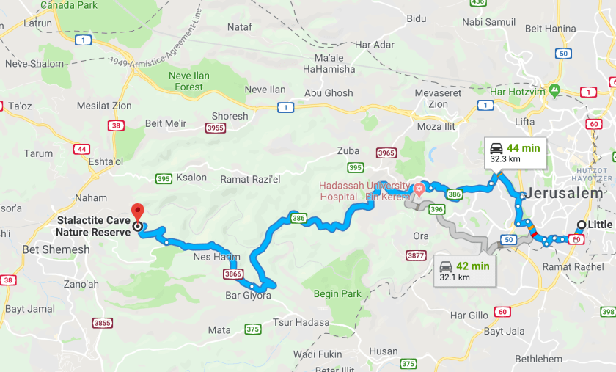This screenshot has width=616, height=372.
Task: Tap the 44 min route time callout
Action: [516, 152]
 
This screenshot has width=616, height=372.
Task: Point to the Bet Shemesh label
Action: [56, 249]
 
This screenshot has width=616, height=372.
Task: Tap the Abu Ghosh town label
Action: [328, 93]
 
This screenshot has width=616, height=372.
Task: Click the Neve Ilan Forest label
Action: [188, 81]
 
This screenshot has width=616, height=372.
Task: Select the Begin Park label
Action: [339, 293]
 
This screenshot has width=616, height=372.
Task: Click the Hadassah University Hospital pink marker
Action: [419, 189]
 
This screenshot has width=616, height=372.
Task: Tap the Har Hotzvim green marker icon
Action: [555, 91]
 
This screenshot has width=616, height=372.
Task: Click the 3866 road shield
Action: [232, 273]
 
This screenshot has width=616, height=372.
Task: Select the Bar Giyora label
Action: [248, 296]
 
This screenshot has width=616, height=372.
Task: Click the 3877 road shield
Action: [415, 255]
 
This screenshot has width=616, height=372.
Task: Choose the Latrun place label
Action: [37, 23]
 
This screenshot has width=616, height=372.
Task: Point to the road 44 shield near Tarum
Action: [81, 149]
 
